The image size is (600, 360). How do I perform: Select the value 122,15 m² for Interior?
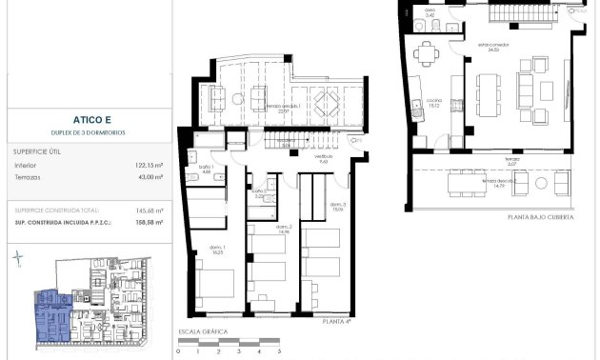(149, 165)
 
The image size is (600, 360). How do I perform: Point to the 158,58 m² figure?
(149, 222)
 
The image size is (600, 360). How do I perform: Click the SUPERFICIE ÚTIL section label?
(38, 150)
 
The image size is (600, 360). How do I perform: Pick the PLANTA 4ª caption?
(336, 323)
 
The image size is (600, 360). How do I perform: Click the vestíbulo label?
(323, 161)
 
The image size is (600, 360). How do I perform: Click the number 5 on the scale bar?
(260, 352)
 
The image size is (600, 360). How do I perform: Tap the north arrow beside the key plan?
(19, 257)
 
